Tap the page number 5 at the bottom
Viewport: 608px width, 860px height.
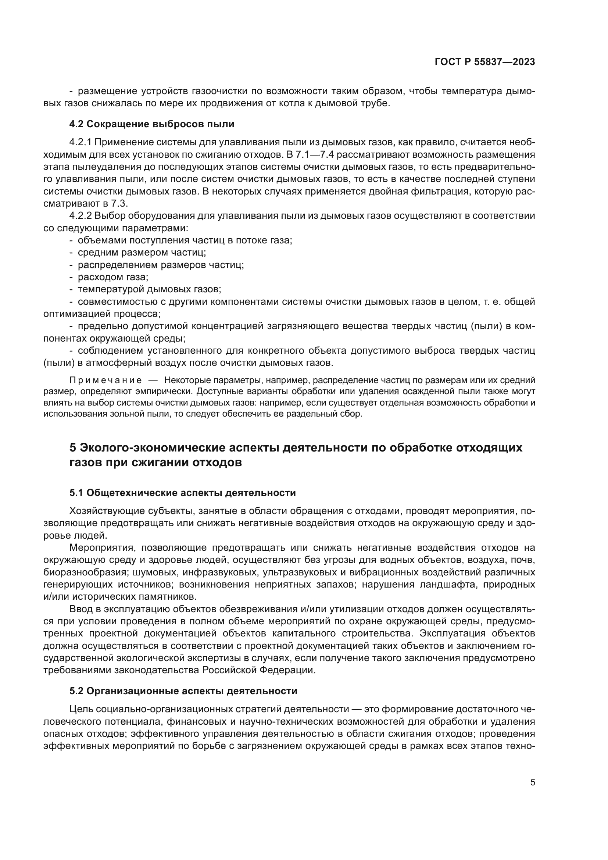(532, 782)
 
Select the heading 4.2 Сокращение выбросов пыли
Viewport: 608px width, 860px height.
(151, 124)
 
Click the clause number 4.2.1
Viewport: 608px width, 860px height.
(81, 142)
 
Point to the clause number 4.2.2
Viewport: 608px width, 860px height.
(81, 216)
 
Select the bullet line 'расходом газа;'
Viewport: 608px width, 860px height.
(113, 277)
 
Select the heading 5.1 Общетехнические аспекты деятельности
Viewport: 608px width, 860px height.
(182, 493)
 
